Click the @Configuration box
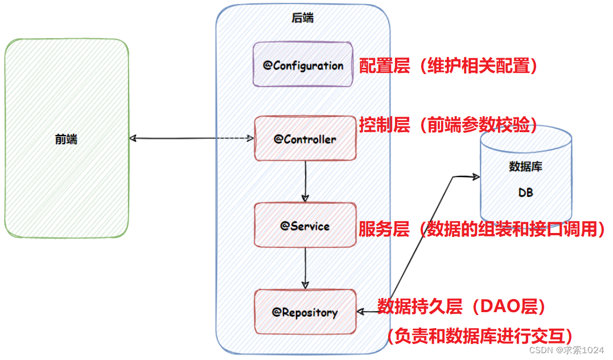coord(303,64)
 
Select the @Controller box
coord(305,138)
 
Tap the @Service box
coord(305,225)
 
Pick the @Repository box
coord(305,312)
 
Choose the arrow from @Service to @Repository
coord(306,268)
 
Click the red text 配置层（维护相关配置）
coord(449,66)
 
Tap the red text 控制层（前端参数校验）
coord(449,125)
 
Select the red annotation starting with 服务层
coord(482,229)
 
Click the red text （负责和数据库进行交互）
coord(479,335)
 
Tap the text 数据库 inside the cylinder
coord(525,167)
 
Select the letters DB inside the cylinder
coord(525,193)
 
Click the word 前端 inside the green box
coord(67,139)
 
